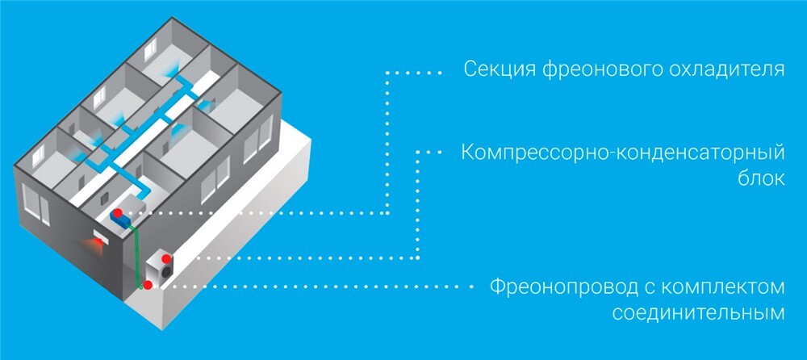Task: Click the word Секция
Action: click(x=492, y=69)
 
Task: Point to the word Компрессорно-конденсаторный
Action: click(x=623, y=153)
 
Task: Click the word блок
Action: click(x=763, y=178)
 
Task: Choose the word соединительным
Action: click(x=698, y=312)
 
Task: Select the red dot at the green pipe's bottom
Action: click(x=148, y=285)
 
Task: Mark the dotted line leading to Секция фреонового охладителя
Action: click(x=387, y=145)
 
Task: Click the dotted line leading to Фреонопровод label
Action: click(x=323, y=287)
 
